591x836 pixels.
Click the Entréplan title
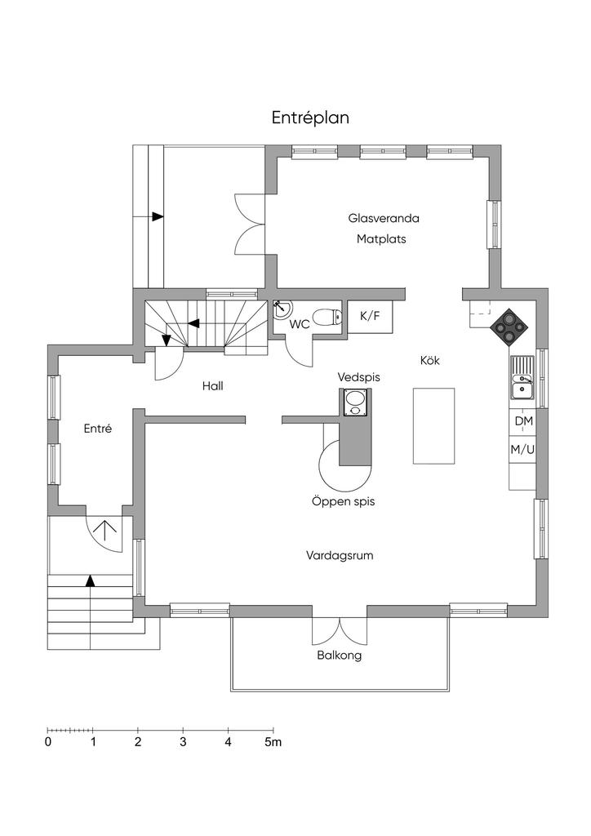[x=310, y=118]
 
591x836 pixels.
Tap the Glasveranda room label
[x=383, y=219]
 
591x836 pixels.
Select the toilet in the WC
[x=328, y=318]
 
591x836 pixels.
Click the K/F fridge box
[x=369, y=316]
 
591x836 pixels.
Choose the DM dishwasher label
[x=522, y=421]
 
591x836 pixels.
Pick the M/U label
[x=522, y=449]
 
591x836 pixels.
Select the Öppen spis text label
[x=343, y=502]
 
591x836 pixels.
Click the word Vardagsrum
[x=340, y=555]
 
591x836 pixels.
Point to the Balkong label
[x=339, y=656]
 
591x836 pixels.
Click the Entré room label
[x=97, y=428]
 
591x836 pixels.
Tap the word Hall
[x=213, y=386]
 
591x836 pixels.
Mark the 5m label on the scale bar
[x=273, y=742]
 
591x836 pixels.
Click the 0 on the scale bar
[x=48, y=742]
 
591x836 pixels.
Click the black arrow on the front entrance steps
[x=91, y=581]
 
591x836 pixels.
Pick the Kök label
[x=430, y=359]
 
